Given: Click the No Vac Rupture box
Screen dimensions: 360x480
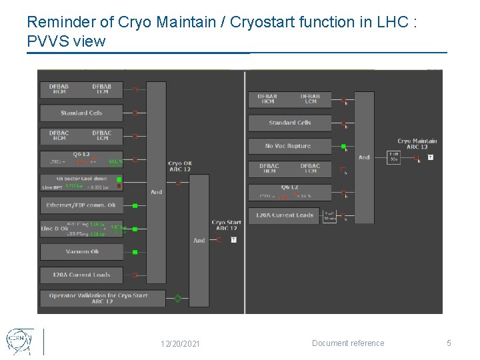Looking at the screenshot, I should pos(289,146).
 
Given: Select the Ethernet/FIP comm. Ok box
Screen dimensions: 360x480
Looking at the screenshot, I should pos(81,205).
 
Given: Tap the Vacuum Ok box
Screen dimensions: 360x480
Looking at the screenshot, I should pos(82,252).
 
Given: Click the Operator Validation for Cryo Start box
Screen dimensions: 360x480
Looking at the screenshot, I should pos(98,298).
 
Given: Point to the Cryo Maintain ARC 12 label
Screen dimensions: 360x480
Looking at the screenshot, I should pos(417,144).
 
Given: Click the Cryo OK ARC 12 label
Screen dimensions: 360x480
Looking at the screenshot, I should pos(179,166).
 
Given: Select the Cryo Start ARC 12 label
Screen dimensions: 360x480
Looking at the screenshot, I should pos(226,225).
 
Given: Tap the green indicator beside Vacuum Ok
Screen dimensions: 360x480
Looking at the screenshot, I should pos(135,252).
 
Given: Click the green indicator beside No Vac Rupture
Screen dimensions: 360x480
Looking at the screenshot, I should pos(343,146).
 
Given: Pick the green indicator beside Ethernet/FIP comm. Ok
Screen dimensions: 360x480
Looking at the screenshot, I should pos(135,205).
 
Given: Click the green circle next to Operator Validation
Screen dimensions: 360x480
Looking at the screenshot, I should pos(177,299).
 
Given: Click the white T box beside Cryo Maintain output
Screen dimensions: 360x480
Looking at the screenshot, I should pos(431,157).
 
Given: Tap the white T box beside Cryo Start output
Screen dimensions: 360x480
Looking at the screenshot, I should pos(233,239).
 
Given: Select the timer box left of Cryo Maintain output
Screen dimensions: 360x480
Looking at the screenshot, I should pos(395,157).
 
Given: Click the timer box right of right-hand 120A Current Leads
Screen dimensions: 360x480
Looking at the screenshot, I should pos(329,216).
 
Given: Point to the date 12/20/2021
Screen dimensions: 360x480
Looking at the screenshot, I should pos(179,344).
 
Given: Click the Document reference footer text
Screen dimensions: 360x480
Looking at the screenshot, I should pos(348,343).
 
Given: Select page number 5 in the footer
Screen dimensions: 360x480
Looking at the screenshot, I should pos(449,343).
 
